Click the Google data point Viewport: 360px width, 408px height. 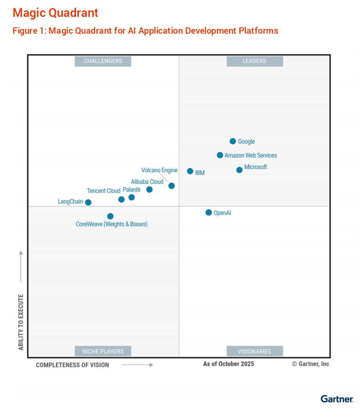pos(233,141)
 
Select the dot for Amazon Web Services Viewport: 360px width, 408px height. pos(220,155)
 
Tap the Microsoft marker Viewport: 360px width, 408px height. pos(239,170)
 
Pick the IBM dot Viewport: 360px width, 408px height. pos(190,171)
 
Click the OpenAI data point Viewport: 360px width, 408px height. pos(209,213)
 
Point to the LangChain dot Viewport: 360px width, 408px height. pos(88,202)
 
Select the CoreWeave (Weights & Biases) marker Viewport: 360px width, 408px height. pos(110,216)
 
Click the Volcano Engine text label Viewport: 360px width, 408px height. pos(159,170)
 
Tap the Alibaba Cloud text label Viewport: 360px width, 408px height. pos(147,182)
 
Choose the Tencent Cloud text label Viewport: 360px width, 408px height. pos(103,191)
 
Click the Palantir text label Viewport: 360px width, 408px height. pos(132,190)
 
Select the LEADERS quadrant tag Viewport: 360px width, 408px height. pos(254,61)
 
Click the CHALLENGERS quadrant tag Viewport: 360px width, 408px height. pos(103,61)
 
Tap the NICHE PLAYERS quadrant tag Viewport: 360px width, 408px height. pos(103,351)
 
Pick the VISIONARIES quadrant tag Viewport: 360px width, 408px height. pos(254,351)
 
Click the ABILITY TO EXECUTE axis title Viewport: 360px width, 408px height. pos(21,322)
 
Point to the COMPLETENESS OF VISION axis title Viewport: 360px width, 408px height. pos(72,365)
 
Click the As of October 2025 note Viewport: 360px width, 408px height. pos(229,364)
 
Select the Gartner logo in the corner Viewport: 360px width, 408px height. pos(337,399)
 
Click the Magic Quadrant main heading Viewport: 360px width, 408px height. pos(56,13)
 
